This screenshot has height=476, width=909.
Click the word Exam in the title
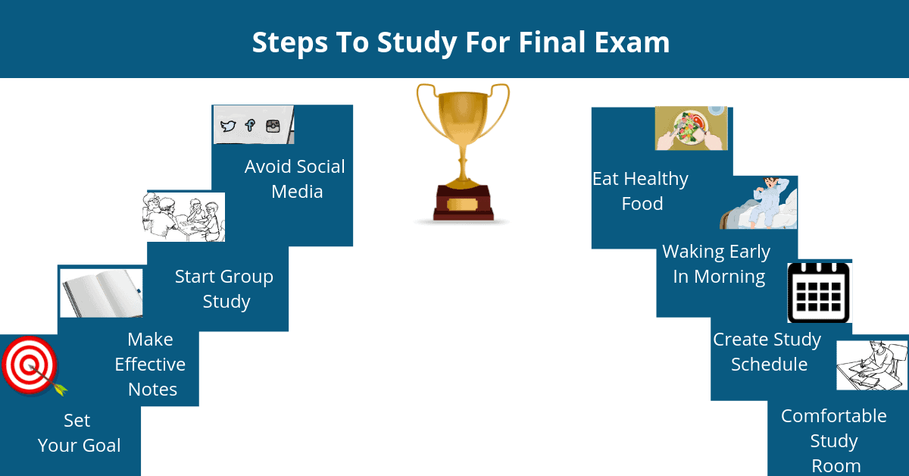[x=632, y=42]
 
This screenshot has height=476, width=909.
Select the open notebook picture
[x=102, y=293]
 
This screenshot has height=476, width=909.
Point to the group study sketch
[x=184, y=217]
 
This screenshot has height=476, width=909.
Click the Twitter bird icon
[x=228, y=126]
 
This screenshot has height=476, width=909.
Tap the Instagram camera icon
[x=273, y=127]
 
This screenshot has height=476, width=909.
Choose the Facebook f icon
[x=250, y=125]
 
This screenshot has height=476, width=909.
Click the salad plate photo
[x=691, y=128]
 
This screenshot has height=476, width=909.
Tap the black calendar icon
[x=819, y=293]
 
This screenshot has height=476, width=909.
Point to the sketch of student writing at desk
[x=872, y=365]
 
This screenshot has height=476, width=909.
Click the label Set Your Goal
[x=79, y=433]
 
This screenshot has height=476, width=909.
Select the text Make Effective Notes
[x=150, y=365]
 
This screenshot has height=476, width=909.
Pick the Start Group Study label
[x=224, y=289]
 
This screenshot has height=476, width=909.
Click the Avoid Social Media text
[x=295, y=179]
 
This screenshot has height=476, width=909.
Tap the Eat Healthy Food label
[x=641, y=191]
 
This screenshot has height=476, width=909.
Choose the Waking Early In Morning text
[x=717, y=264]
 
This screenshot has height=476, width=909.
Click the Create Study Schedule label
[x=767, y=352]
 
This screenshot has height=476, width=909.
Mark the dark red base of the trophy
[x=463, y=203]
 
